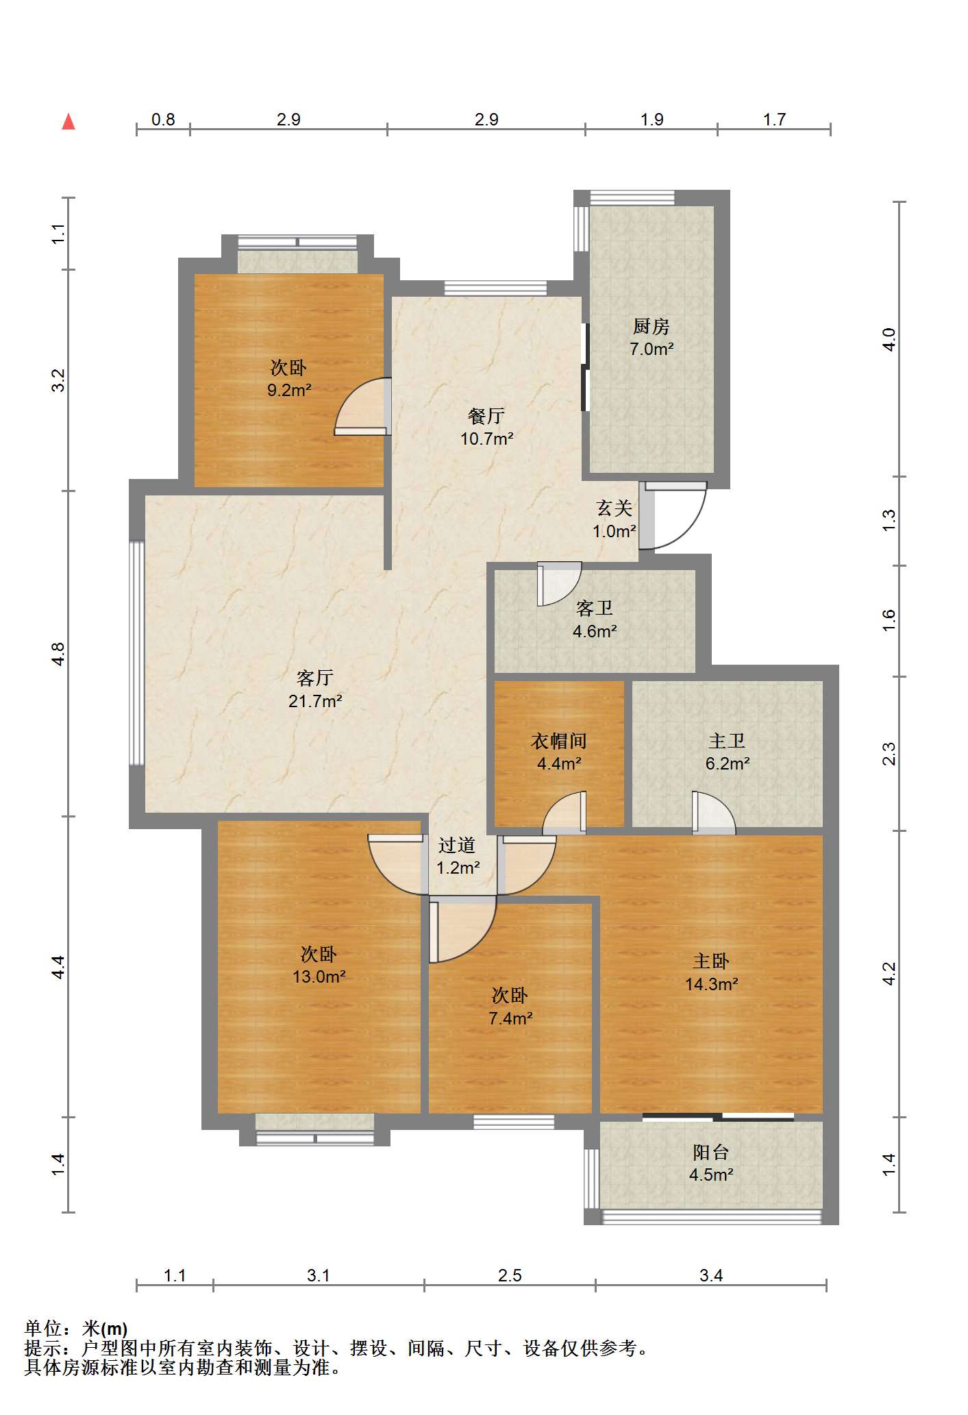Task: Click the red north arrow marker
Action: tap(69, 122)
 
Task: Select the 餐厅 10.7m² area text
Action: tap(487, 439)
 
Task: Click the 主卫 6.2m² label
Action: tap(728, 752)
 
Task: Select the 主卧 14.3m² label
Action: tap(712, 972)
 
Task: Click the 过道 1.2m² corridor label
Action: tap(458, 857)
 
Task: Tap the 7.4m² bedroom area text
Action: tap(511, 1018)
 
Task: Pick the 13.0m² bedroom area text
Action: tap(319, 976)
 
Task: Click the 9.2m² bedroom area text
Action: tap(289, 390)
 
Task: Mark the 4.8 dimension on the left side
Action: tap(59, 654)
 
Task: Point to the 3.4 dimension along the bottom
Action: tap(711, 1275)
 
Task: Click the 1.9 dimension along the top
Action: tap(651, 119)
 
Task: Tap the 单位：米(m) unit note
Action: tap(76, 1329)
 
